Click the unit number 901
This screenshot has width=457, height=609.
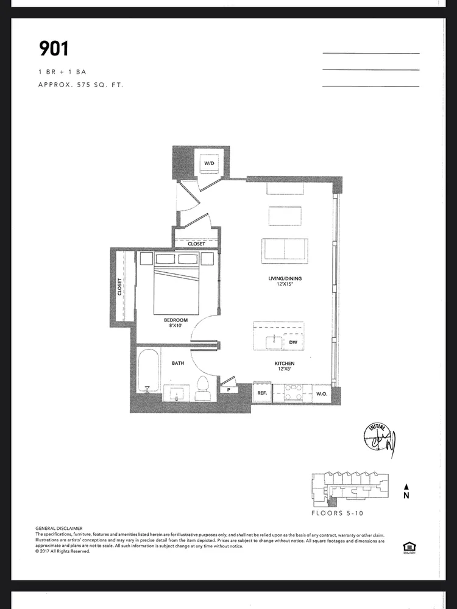pyautogui.click(x=54, y=49)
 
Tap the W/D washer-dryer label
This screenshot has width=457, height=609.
pyautogui.click(x=209, y=164)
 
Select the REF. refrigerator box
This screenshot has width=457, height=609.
pyautogui.click(x=261, y=393)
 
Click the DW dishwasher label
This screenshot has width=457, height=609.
pyautogui.click(x=292, y=343)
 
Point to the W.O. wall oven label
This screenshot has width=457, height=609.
pyautogui.click(x=322, y=393)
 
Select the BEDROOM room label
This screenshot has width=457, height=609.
pyautogui.click(x=175, y=320)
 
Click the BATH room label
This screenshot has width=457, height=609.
pyautogui.click(x=178, y=363)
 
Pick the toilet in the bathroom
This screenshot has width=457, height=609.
pyautogui.click(x=202, y=388)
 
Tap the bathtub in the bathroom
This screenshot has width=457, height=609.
pyautogui.click(x=147, y=372)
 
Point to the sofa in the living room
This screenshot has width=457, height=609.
pyautogui.click(x=285, y=249)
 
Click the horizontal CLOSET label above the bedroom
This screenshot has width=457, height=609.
pyautogui.click(x=196, y=244)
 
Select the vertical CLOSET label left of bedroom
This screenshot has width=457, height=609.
pyautogui.click(x=120, y=286)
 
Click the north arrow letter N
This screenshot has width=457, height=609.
pyautogui.click(x=406, y=496)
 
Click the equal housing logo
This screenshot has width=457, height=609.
pyautogui.click(x=408, y=547)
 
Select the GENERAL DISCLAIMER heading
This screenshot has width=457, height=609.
pyautogui.click(x=59, y=528)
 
